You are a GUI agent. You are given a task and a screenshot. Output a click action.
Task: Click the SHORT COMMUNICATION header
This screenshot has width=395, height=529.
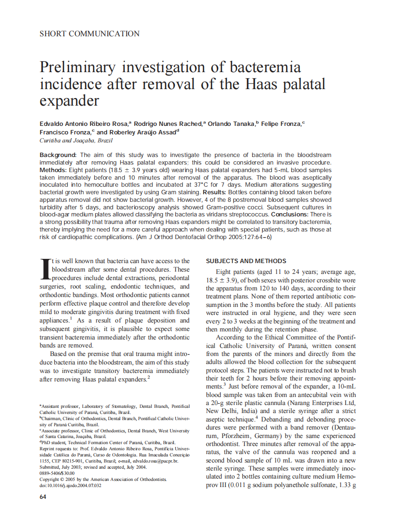(90, 33)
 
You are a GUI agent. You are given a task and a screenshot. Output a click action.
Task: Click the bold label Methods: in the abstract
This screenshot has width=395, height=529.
(52, 170)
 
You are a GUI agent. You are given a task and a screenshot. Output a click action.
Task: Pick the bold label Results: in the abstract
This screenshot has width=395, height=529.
(216, 192)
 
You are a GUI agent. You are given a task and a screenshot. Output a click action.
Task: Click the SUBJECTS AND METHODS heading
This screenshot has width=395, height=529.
(246, 261)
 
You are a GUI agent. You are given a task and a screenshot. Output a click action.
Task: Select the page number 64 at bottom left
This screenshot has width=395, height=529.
(43, 497)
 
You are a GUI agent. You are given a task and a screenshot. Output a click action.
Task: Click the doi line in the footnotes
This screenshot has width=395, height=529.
(70, 485)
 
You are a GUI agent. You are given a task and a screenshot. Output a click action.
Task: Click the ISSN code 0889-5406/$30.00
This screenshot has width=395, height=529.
(57, 473)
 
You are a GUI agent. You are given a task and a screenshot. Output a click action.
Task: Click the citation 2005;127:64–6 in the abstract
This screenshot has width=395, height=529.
(250, 237)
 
